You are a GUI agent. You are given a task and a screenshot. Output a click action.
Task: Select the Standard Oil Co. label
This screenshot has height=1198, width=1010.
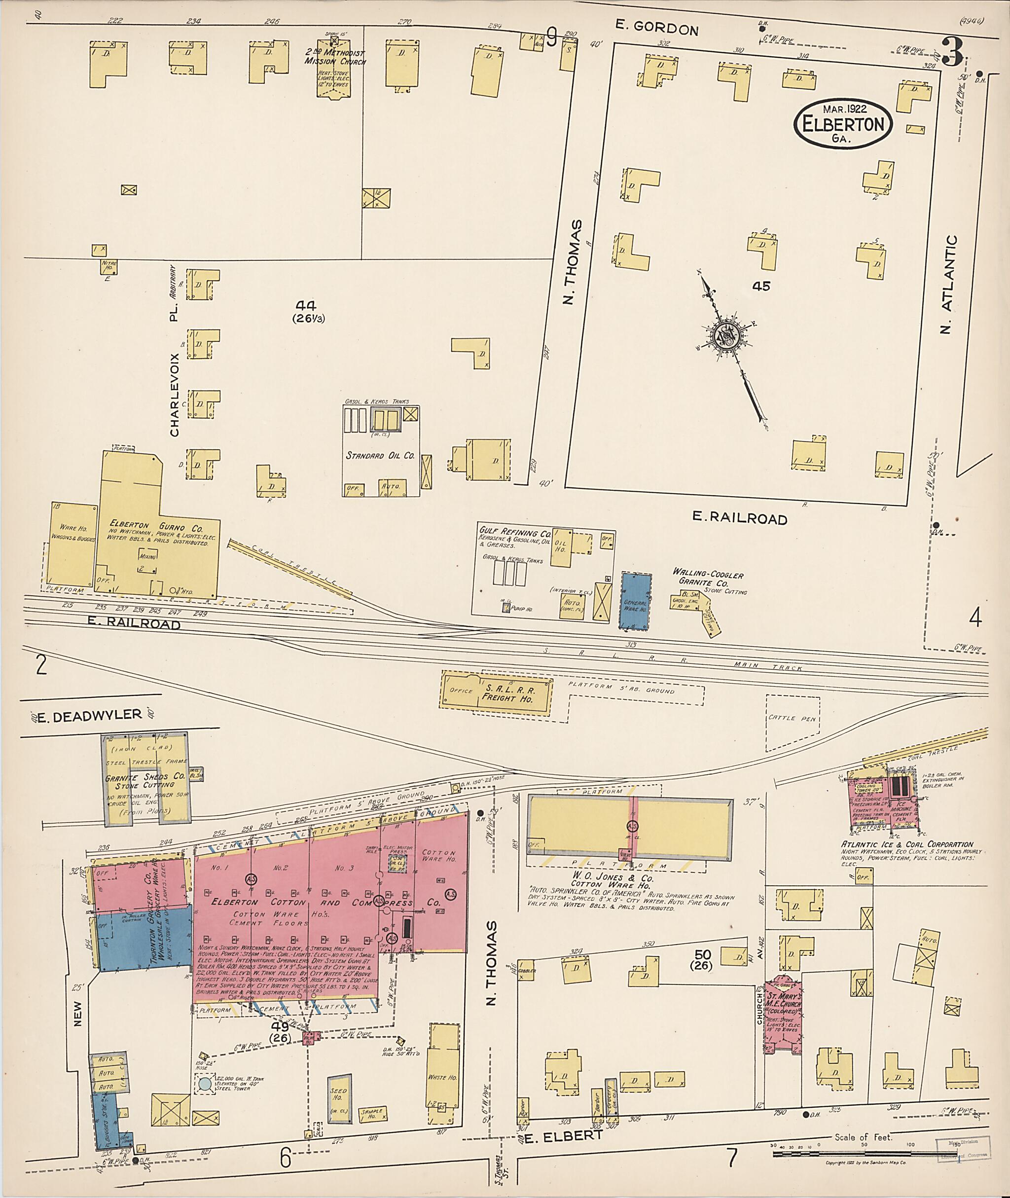[380, 456]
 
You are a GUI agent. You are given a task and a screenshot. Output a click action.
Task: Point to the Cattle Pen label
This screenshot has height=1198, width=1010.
[793, 718]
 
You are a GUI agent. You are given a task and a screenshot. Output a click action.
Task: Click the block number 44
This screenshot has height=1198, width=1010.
[310, 306]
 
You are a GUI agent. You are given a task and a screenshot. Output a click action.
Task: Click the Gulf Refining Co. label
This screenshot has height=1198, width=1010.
[515, 533]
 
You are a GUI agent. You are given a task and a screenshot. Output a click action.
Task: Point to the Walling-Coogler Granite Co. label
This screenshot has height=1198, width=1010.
[708, 579]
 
